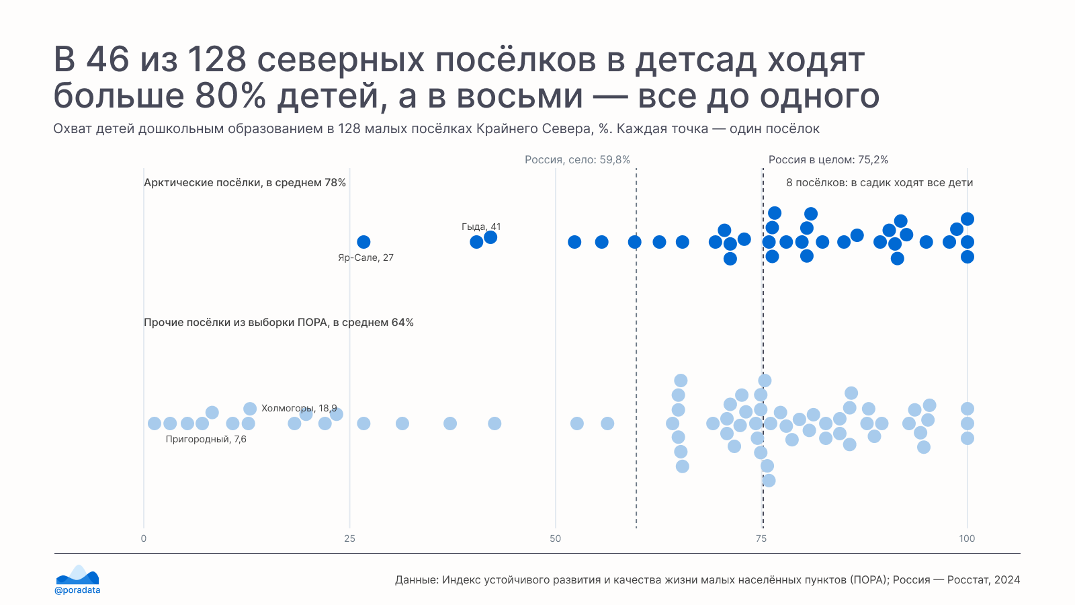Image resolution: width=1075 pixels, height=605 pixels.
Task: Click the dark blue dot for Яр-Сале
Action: pyautogui.click(x=363, y=242)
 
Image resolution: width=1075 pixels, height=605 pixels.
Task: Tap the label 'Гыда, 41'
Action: pyautogui.click(x=481, y=227)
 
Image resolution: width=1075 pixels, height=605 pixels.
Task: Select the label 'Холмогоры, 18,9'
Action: pyautogui.click(x=299, y=408)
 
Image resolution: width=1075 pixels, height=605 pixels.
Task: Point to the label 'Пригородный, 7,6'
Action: pyautogui.click(x=206, y=439)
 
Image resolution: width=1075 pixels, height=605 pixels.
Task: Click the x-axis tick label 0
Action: pyautogui.click(x=144, y=538)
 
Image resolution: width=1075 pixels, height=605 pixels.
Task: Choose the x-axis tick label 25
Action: pyautogui.click(x=349, y=538)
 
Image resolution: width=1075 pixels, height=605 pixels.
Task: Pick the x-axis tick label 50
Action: pyautogui.click(x=555, y=538)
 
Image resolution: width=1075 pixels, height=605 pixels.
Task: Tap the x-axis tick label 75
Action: pyautogui.click(x=761, y=538)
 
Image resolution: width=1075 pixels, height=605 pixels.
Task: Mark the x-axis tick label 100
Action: pyautogui.click(x=967, y=538)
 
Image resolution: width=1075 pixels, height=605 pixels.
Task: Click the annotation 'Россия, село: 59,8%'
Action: pyautogui.click(x=577, y=160)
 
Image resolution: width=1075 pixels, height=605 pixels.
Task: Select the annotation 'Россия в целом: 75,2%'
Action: pyautogui.click(x=828, y=160)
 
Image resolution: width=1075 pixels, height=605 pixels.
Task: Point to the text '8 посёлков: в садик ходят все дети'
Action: pyautogui.click(x=879, y=183)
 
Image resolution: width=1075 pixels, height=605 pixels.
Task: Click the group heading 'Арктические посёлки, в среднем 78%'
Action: pyautogui.click(x=245, y=183)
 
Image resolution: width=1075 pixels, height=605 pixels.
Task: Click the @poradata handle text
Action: pyautogui.click(x=77, y=590)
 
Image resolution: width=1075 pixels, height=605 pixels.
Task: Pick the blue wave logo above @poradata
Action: pyautogui.click(x=78, y=574)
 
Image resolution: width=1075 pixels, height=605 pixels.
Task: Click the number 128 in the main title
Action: pyautogui.click(x=216, y=60)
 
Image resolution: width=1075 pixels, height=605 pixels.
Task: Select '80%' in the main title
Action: pyautogui.click(x=230, y=96)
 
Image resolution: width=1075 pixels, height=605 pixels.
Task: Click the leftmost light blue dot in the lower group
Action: pyautogui.click(x=155, y=424)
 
